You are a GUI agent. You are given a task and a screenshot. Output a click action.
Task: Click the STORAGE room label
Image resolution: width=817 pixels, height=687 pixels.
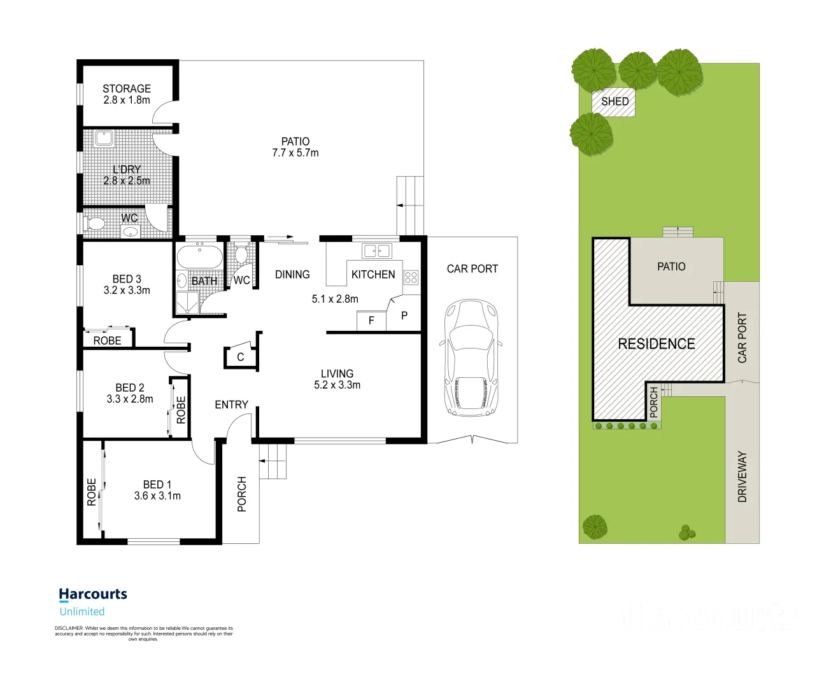point(127,89)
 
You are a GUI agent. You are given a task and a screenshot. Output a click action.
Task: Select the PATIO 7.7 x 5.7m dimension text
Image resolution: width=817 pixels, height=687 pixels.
point(295,153)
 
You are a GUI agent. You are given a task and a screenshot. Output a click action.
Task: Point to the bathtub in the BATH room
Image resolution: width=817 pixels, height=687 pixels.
point(199,258)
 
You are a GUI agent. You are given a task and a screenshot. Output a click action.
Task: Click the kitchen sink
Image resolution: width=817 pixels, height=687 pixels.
point(376,251)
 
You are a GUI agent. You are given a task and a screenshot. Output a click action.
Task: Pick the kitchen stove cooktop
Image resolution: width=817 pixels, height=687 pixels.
point(411,277)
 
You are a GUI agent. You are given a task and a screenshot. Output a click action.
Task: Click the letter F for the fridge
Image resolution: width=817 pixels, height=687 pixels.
point(371,321)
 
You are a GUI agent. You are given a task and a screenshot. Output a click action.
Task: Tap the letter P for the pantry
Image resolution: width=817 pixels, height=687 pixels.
point(404,316)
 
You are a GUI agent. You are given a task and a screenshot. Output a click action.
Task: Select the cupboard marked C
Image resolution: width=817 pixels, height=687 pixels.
point(241,357)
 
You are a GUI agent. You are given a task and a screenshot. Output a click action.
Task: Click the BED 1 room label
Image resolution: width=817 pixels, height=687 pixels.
point(157,485)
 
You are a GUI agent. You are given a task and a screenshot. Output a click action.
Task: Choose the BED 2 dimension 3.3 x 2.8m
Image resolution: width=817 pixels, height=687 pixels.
point(130,399)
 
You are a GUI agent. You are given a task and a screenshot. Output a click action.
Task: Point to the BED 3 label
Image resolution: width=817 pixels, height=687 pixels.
point(127,279)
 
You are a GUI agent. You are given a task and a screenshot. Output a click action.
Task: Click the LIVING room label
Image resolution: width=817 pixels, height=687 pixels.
point(337,374)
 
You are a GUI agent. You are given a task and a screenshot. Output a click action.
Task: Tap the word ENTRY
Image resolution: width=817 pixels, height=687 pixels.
point(231,405)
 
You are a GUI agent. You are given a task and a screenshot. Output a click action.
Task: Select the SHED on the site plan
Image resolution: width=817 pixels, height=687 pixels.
point(614,102)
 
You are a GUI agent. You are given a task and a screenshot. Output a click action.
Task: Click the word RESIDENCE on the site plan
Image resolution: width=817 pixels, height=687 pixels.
point(657,344)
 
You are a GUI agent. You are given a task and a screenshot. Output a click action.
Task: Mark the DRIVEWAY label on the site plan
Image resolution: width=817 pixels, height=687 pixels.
point(742,477)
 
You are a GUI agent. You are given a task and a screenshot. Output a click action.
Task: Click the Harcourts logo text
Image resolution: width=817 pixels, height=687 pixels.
point(93,594)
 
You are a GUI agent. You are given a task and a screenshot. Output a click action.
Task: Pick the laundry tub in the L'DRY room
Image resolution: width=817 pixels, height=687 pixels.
point(103,137)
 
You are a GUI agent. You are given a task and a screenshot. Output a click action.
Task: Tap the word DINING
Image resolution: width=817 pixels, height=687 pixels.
point(292,275)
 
